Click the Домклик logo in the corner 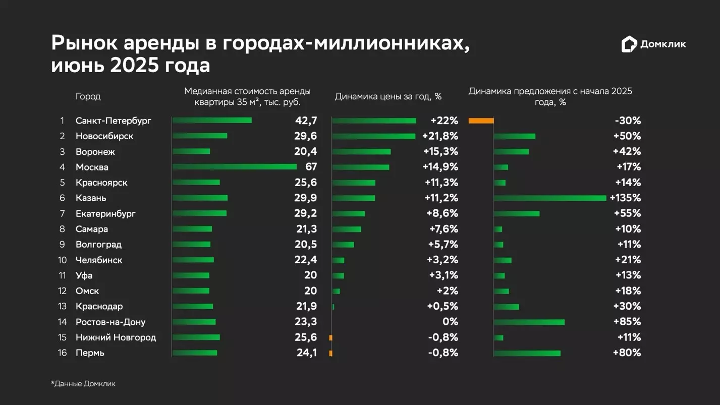tap(653, 44)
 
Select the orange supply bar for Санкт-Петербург tap(481, 121)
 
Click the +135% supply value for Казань tap(625, 198)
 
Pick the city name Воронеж tap(95, 152)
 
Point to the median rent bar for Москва tap(235, 167)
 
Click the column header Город tap(88, 96)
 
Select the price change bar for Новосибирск tap(374, 136)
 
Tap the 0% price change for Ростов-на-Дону tap(450, 322)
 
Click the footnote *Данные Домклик tap(83, 384)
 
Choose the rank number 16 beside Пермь tap(62, 353)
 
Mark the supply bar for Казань tap(550, 198)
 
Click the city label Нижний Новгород tap(116, 337)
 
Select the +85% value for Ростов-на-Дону tap(627, 322)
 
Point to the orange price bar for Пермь tap(330, 353)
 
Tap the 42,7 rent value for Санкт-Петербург tap(306, 121)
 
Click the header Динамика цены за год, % tap(388, 96)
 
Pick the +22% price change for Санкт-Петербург tap(444, 121)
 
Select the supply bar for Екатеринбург tap(517, 213)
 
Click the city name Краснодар tap(99, 306)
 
